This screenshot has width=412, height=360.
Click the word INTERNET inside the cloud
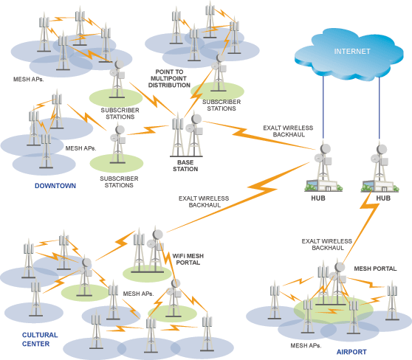pyautogui.click(x=352, y=51)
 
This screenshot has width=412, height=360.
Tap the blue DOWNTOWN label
pyautogui.click(x=55, y=186)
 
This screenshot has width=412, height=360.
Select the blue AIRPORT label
pyautogui.click(x=351, y=352)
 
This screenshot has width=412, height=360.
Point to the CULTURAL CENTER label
pyautogui.click(x=40, y=339)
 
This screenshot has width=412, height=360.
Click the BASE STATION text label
pyautogui.click(x=185, y=166)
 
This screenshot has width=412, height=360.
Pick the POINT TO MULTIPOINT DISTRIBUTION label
pyautogui.click(x=169, y=78)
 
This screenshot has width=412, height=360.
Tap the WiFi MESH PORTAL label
pyautogui.click(x=188, y=259)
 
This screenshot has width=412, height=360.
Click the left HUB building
pyautogui.click(x=323, y=185)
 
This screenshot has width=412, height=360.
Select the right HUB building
pyautogui.click(x=380, y=186)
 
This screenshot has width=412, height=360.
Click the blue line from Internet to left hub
pyautogui.click(x=323, y=108)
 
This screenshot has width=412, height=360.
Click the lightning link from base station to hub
pyautogui.click(x=259, y=135)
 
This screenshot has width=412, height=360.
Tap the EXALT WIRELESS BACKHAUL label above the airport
pyautogui.click(x=327, y=244)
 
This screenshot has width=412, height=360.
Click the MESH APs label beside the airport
pyautogui.click(x=306, y=345)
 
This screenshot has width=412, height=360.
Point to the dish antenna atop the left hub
pyautogui.click(x=326, y=149)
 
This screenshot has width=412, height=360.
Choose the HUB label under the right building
pyautogui.click(x=383, y=198)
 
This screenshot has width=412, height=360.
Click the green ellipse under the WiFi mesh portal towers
pyautogui.click(x=147, y=274)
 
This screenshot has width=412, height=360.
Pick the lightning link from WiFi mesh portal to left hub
pyautogui.click(x=238, y=197)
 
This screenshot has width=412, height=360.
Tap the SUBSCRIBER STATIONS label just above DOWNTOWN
pyautogui.click(x=119, y=181)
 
